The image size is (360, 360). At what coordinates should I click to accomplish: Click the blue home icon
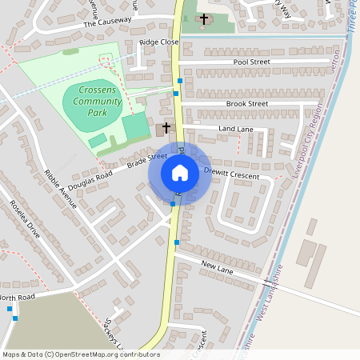point(179,173)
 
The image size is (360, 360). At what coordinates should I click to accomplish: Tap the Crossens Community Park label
point(97,102)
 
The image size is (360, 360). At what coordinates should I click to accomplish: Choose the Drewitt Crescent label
point(232,174)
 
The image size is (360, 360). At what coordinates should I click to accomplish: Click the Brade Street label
point(146,160)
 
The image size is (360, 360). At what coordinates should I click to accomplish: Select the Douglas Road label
point(94,177)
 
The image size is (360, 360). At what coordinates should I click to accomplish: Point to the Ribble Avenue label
point(61,189)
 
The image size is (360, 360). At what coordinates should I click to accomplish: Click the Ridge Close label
point(158,41)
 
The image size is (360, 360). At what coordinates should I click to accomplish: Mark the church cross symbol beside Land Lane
point(166,126)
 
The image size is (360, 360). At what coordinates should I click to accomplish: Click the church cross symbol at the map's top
point(203,18)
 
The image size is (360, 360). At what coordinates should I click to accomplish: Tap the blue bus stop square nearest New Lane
point(177,242)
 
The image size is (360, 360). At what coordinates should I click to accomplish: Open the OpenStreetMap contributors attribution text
point(80,354)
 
